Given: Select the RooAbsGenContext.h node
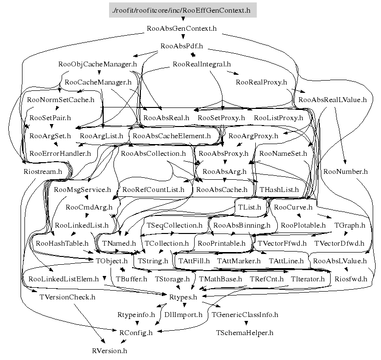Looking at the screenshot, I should pos(181,28).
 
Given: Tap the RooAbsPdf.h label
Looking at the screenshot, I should pos(181,46).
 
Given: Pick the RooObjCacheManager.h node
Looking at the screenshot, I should pos(97,64).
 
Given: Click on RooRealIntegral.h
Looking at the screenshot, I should pos(202,64).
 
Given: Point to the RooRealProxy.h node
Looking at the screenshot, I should pos(261,82).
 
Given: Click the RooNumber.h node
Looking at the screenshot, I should pos(345,171).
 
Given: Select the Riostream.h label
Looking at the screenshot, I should pos(43,171).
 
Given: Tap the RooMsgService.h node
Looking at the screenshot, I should pos(83,190).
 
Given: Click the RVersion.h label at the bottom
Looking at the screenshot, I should pos(110,350).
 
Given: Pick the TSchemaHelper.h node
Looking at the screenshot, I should pos(245,333).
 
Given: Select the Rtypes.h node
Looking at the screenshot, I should pos(183,296).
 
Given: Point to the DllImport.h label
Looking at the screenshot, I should pos(183,315).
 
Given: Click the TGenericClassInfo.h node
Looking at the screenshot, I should pos(245,315).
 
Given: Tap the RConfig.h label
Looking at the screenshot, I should pos(136,333).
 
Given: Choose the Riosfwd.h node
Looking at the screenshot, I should pos(348,279).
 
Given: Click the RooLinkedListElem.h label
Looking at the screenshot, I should pos(64,279).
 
